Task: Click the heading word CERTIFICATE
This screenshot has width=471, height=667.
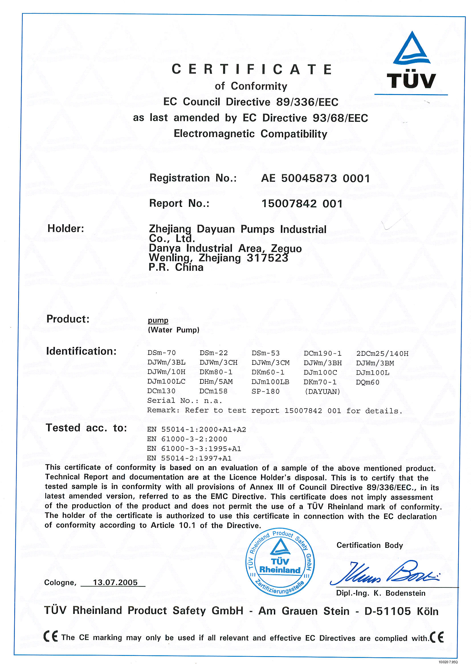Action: tap(252, 69)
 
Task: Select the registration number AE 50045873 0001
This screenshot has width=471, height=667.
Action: tap(315, 178)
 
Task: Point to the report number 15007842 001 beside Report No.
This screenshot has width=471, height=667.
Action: tap(302, 203)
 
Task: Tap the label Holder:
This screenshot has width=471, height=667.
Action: tap(66, 228)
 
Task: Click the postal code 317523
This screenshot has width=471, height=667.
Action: tap(267, 258)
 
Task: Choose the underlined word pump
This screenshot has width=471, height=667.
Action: tap(158, 320)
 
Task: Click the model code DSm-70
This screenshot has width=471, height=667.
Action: tap(161, 353)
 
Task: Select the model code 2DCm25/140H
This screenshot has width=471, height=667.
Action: tap(382, 353)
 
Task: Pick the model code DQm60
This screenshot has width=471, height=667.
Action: tap(367, 382)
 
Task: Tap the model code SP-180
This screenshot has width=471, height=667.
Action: tap(265, 391)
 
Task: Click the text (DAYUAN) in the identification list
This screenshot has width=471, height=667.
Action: tap(322, 392)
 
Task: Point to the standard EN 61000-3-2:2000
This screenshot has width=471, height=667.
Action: tap(187, 439)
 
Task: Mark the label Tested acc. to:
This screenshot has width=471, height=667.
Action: tap(86, 428)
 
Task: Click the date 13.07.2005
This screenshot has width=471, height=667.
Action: tap(115, 583)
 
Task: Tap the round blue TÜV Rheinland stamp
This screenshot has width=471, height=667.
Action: tap(280, 562)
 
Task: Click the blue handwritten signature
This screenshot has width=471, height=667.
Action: tap(384, 573)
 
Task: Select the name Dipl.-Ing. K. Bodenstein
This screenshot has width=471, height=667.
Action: tap(380, 593)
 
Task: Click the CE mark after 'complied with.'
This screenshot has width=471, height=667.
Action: tap(437, 637)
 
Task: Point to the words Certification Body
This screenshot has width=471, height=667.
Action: tap(370, 545)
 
